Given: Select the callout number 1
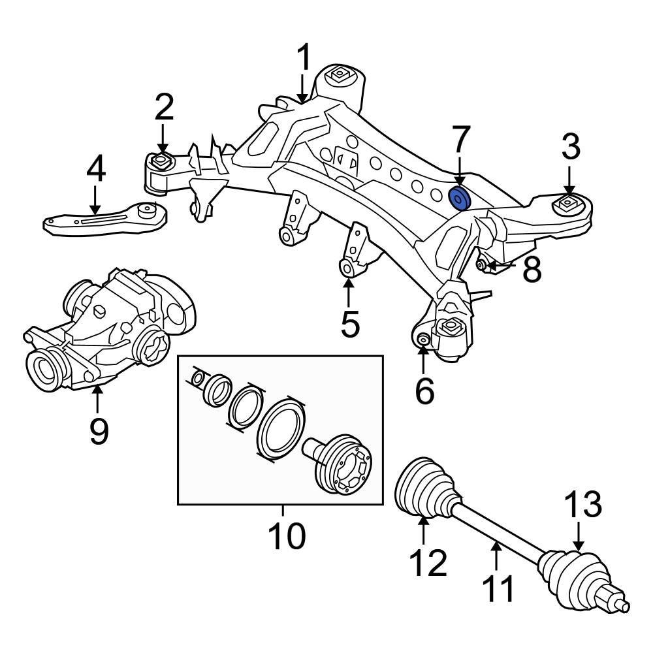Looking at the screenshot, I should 304,60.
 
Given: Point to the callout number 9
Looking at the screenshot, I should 99,430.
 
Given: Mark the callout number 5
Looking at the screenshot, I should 350,325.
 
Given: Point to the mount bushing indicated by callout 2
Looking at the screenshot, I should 161,161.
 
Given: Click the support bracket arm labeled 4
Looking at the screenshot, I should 104,220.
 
